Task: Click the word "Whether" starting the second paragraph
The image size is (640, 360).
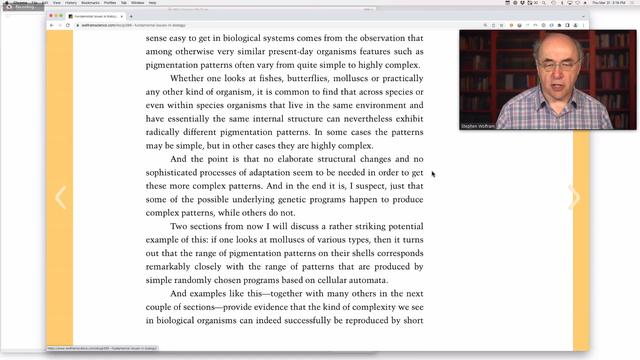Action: (190, 78)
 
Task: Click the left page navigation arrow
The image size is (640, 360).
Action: (60, 197)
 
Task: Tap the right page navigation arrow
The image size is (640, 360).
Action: (574, 197)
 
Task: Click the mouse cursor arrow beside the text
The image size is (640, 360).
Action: (432, 174)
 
